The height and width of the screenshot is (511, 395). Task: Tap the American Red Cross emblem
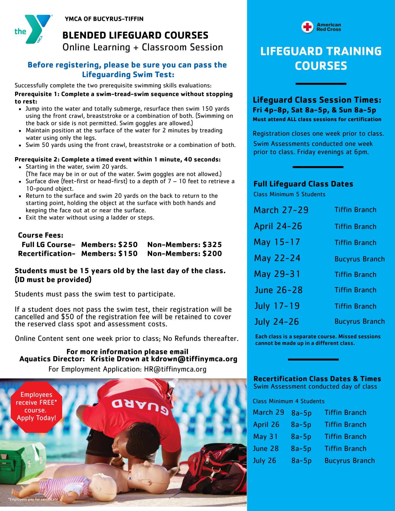307,27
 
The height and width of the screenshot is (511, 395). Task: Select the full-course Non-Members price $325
212,245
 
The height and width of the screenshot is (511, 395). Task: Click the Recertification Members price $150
128,254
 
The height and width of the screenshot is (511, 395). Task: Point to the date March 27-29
281,210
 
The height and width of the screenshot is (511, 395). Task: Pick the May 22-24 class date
277,258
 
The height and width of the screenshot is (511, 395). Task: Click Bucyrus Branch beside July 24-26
359,321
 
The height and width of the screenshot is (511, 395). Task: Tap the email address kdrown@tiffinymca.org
194,359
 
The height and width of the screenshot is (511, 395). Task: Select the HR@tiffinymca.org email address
175,369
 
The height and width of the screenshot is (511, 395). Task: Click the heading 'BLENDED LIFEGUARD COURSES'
135,35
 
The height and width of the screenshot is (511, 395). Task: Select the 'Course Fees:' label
41,235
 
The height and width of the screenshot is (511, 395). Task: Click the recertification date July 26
265,461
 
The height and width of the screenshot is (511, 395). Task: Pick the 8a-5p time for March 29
301,413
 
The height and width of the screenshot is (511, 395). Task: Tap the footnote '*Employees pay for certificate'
33,499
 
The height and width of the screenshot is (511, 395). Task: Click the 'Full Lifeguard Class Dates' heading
303,184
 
